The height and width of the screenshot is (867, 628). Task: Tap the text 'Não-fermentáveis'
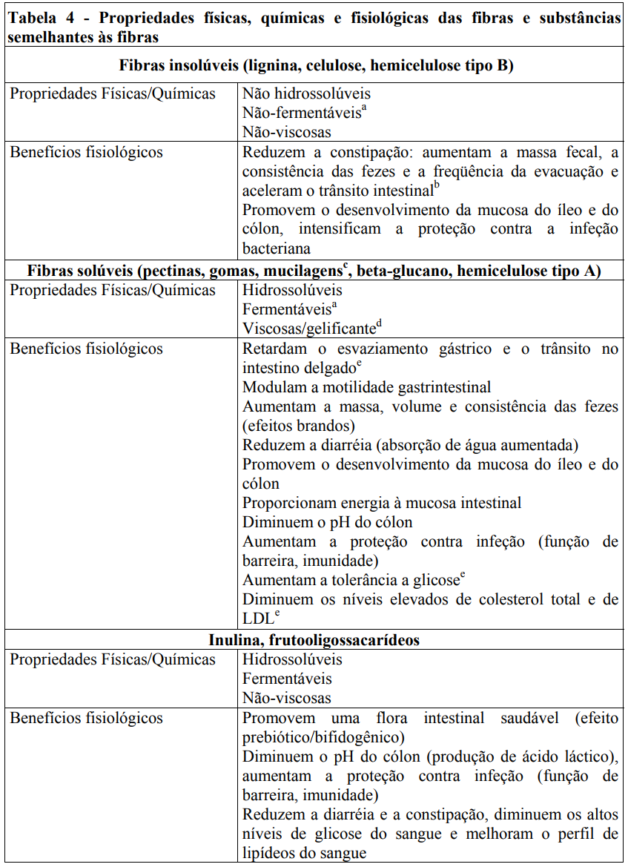coord(301,113)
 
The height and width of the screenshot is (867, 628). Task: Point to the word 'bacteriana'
coord(277,248)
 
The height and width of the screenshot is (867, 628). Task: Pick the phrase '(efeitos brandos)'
coord(298,426)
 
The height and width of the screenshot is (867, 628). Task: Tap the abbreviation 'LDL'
coord(257,619)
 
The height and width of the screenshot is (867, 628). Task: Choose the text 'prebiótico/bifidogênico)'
coord(323,737)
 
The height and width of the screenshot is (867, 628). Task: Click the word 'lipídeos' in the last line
coord(274,853)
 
